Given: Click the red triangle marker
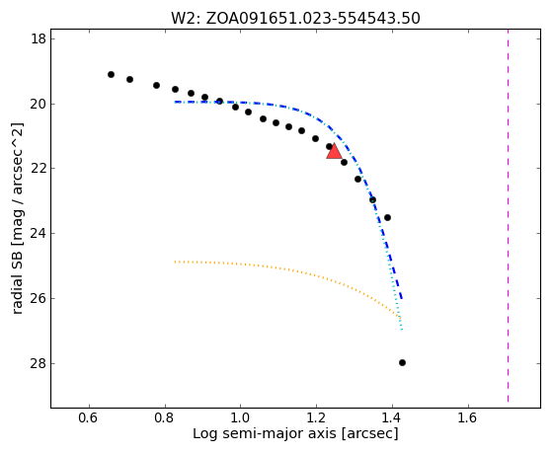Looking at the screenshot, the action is point(334,151).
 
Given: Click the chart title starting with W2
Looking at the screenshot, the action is point(295,19).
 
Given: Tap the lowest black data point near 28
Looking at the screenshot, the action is point(402,362).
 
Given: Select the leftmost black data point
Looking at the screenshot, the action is point(111,74).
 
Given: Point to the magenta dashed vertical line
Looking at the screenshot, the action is point(508,215).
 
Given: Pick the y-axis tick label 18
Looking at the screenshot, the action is point(39,38).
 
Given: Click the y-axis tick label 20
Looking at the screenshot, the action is point(39,104).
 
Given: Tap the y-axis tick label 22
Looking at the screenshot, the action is point(39,168).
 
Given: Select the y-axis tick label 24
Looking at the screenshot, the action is point(39,233).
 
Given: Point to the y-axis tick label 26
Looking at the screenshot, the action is point(39,298).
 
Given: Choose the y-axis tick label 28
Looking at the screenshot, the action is point(39,363).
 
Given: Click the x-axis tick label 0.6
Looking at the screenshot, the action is point(88,417).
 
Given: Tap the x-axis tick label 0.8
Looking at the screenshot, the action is point(164,417).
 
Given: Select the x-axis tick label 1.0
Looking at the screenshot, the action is point(240,417).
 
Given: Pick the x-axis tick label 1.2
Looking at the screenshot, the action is point(316,417).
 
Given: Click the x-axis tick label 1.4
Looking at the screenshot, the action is point(392,417).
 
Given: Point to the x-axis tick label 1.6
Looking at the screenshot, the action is point(468,417).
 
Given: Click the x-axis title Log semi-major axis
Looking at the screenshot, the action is point(265,434).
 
